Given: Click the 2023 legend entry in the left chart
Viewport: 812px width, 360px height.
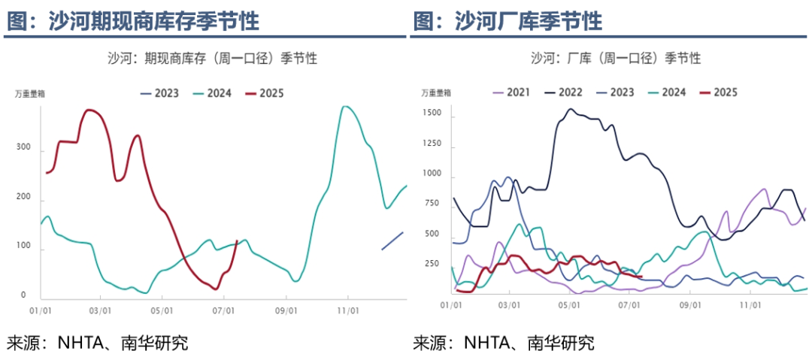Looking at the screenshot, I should click(159, 93).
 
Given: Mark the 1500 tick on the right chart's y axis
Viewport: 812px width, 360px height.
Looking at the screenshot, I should click(432, 112).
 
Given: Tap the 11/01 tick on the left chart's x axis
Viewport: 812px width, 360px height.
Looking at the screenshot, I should click(347, 310).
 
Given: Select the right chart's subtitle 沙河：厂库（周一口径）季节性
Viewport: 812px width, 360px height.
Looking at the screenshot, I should click(616, 58).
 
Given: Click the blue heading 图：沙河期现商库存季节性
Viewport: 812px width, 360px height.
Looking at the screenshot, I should click(133, 21).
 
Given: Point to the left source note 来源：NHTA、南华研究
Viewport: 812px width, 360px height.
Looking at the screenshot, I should click(98, 343).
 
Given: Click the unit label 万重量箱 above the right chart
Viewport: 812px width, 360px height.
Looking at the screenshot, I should click(436, 92).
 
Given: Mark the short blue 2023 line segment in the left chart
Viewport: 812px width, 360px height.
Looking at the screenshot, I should click(392, 241).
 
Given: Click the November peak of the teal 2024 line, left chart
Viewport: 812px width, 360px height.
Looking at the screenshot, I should click(345, 107).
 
